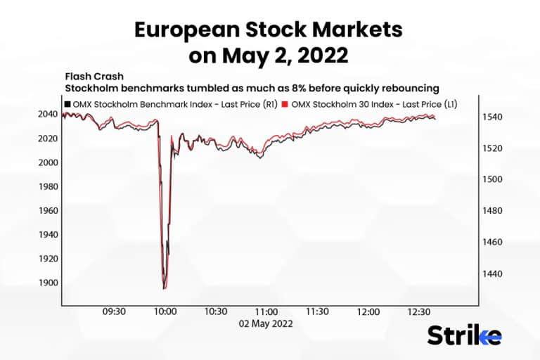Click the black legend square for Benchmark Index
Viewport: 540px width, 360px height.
pyautogui.click(x=67, y=104)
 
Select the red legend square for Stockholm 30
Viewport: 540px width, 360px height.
pyautogui.click(x=285, y=104)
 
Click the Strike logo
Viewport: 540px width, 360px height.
pyautogui.click(x=464, y=335)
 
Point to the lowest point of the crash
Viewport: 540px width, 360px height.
pyautogui.click(x=164, y=288)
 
